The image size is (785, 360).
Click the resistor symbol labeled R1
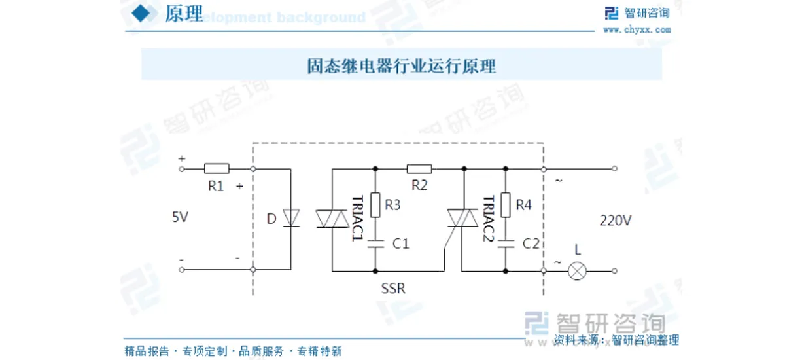[x=217, y=168]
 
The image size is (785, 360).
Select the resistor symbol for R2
[x=419, y=168]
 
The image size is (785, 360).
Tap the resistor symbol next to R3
[x=375, y=205]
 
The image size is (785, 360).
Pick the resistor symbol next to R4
[x=506, y=205]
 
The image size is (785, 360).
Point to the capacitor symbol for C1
[x=375, y=243]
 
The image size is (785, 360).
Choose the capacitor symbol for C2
[x=506, y=243]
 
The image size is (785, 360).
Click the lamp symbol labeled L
[x=576, y=270]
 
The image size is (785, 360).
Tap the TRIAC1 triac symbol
[x=332, y=219]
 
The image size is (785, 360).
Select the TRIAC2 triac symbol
[x=462, y=219]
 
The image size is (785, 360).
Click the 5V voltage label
[x=180, y=217]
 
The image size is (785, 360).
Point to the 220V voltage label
[x=615, y=221]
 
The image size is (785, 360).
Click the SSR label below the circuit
[x=394, y=288]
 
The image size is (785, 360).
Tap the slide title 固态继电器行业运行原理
[x=402, y=66]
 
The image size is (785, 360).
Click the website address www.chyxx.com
[x=637, y=29]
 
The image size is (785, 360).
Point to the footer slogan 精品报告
[x=147, y=351]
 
